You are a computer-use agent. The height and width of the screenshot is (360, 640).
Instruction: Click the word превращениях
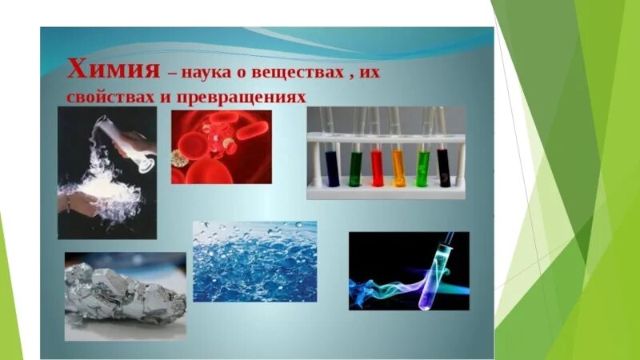point(240,94)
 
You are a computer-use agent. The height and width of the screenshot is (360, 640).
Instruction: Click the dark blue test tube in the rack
point(332,165)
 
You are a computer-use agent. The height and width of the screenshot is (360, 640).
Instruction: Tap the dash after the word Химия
point(171,73)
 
